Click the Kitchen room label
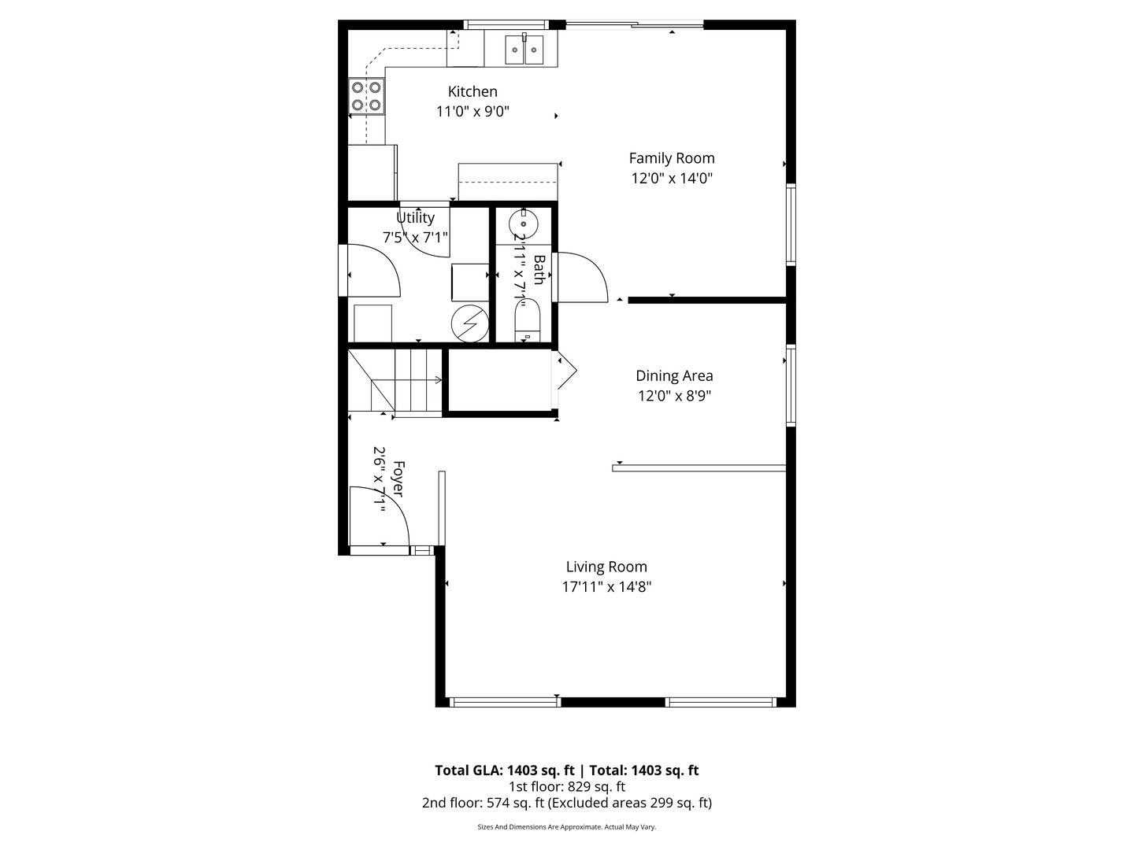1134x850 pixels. (x=472, y=91)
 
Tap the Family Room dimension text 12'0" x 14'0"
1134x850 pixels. (x=672, y=179)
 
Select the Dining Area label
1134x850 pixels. (x=674, y=376)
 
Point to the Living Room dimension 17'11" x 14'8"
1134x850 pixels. (x=606, y=587)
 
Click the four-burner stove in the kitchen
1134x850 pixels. (x=366, y=96)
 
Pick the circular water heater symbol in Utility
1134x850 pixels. (x=469, y=323)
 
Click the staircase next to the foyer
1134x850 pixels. (x=397, y=381)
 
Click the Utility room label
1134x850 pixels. (x=415, y=218)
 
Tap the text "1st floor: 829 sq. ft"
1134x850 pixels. (x=566, y=786)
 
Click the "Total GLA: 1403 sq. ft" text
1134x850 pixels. (x=504, y=771)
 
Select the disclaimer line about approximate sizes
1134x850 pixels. (x=566, y=827)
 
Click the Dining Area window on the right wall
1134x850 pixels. (x=791, y=386)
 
